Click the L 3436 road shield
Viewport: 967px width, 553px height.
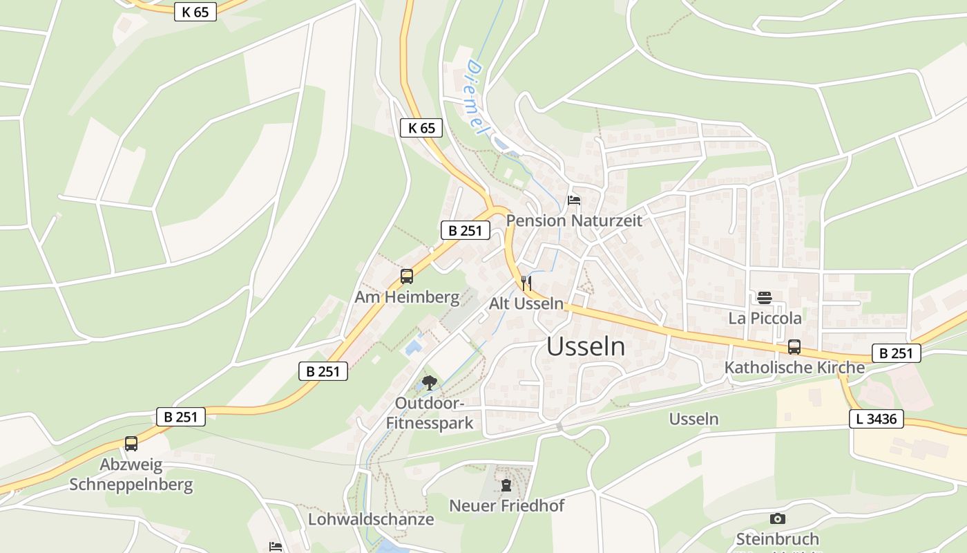point(877,418)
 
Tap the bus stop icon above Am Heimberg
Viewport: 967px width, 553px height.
point(407,276)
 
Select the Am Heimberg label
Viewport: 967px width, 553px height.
point(407,297)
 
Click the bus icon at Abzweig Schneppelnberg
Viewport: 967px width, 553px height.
point(131,443)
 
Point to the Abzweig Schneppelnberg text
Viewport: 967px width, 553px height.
point(131,474)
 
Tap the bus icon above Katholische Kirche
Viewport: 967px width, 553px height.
point(794,347)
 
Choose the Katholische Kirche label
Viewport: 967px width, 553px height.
point(794,367)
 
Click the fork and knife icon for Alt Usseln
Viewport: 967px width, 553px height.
point(526,283)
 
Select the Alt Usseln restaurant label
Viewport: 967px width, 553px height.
point(526,303)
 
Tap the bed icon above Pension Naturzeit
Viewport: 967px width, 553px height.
point(574,201)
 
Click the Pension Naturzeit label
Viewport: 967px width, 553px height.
point(574,221)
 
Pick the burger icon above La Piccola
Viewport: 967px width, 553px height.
point(765,298)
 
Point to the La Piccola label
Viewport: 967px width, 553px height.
point(765,318)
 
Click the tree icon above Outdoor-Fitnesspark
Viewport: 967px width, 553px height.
point(430,382)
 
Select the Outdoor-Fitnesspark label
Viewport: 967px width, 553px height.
point(430,413)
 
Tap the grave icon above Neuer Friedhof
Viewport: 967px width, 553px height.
point(506,485)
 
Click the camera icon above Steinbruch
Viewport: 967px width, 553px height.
point(778,518)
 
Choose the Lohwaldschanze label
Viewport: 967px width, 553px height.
point(371,519)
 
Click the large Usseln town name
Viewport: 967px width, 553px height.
point(586,346)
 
